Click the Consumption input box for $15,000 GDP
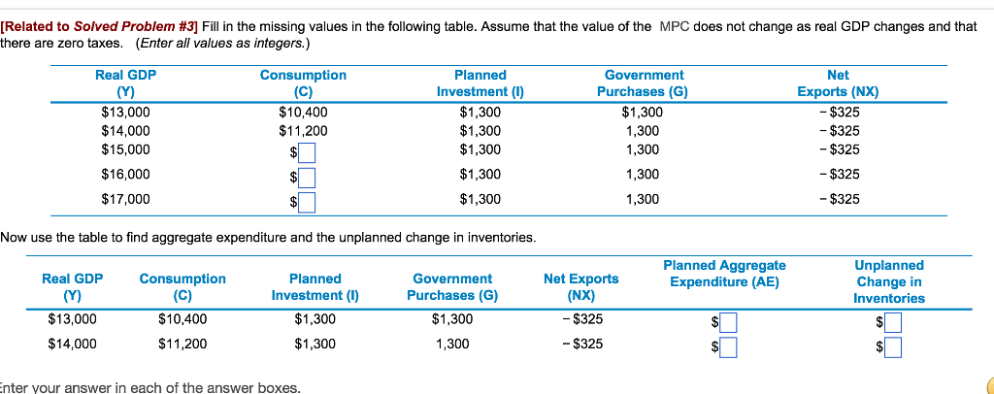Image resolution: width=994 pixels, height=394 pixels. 307,152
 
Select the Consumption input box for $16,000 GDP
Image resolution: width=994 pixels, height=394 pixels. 307,177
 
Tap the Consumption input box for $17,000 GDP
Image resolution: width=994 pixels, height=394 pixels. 307,202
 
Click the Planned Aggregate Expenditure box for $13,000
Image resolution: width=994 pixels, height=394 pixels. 727,322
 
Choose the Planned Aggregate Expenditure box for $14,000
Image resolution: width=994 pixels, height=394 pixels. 727,345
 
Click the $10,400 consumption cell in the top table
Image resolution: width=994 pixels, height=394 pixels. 303,112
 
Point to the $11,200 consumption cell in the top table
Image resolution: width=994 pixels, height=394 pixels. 303,130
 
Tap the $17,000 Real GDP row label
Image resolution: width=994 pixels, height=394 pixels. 125,199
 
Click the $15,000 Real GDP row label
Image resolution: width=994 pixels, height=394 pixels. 125,148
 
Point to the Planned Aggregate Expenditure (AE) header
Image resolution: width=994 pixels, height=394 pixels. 724,274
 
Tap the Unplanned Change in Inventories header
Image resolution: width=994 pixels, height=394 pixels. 889,281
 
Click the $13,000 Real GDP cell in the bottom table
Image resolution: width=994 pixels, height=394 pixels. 72,319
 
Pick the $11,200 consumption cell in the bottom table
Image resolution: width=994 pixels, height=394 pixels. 182,343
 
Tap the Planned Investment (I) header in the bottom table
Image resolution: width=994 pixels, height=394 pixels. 315,287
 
